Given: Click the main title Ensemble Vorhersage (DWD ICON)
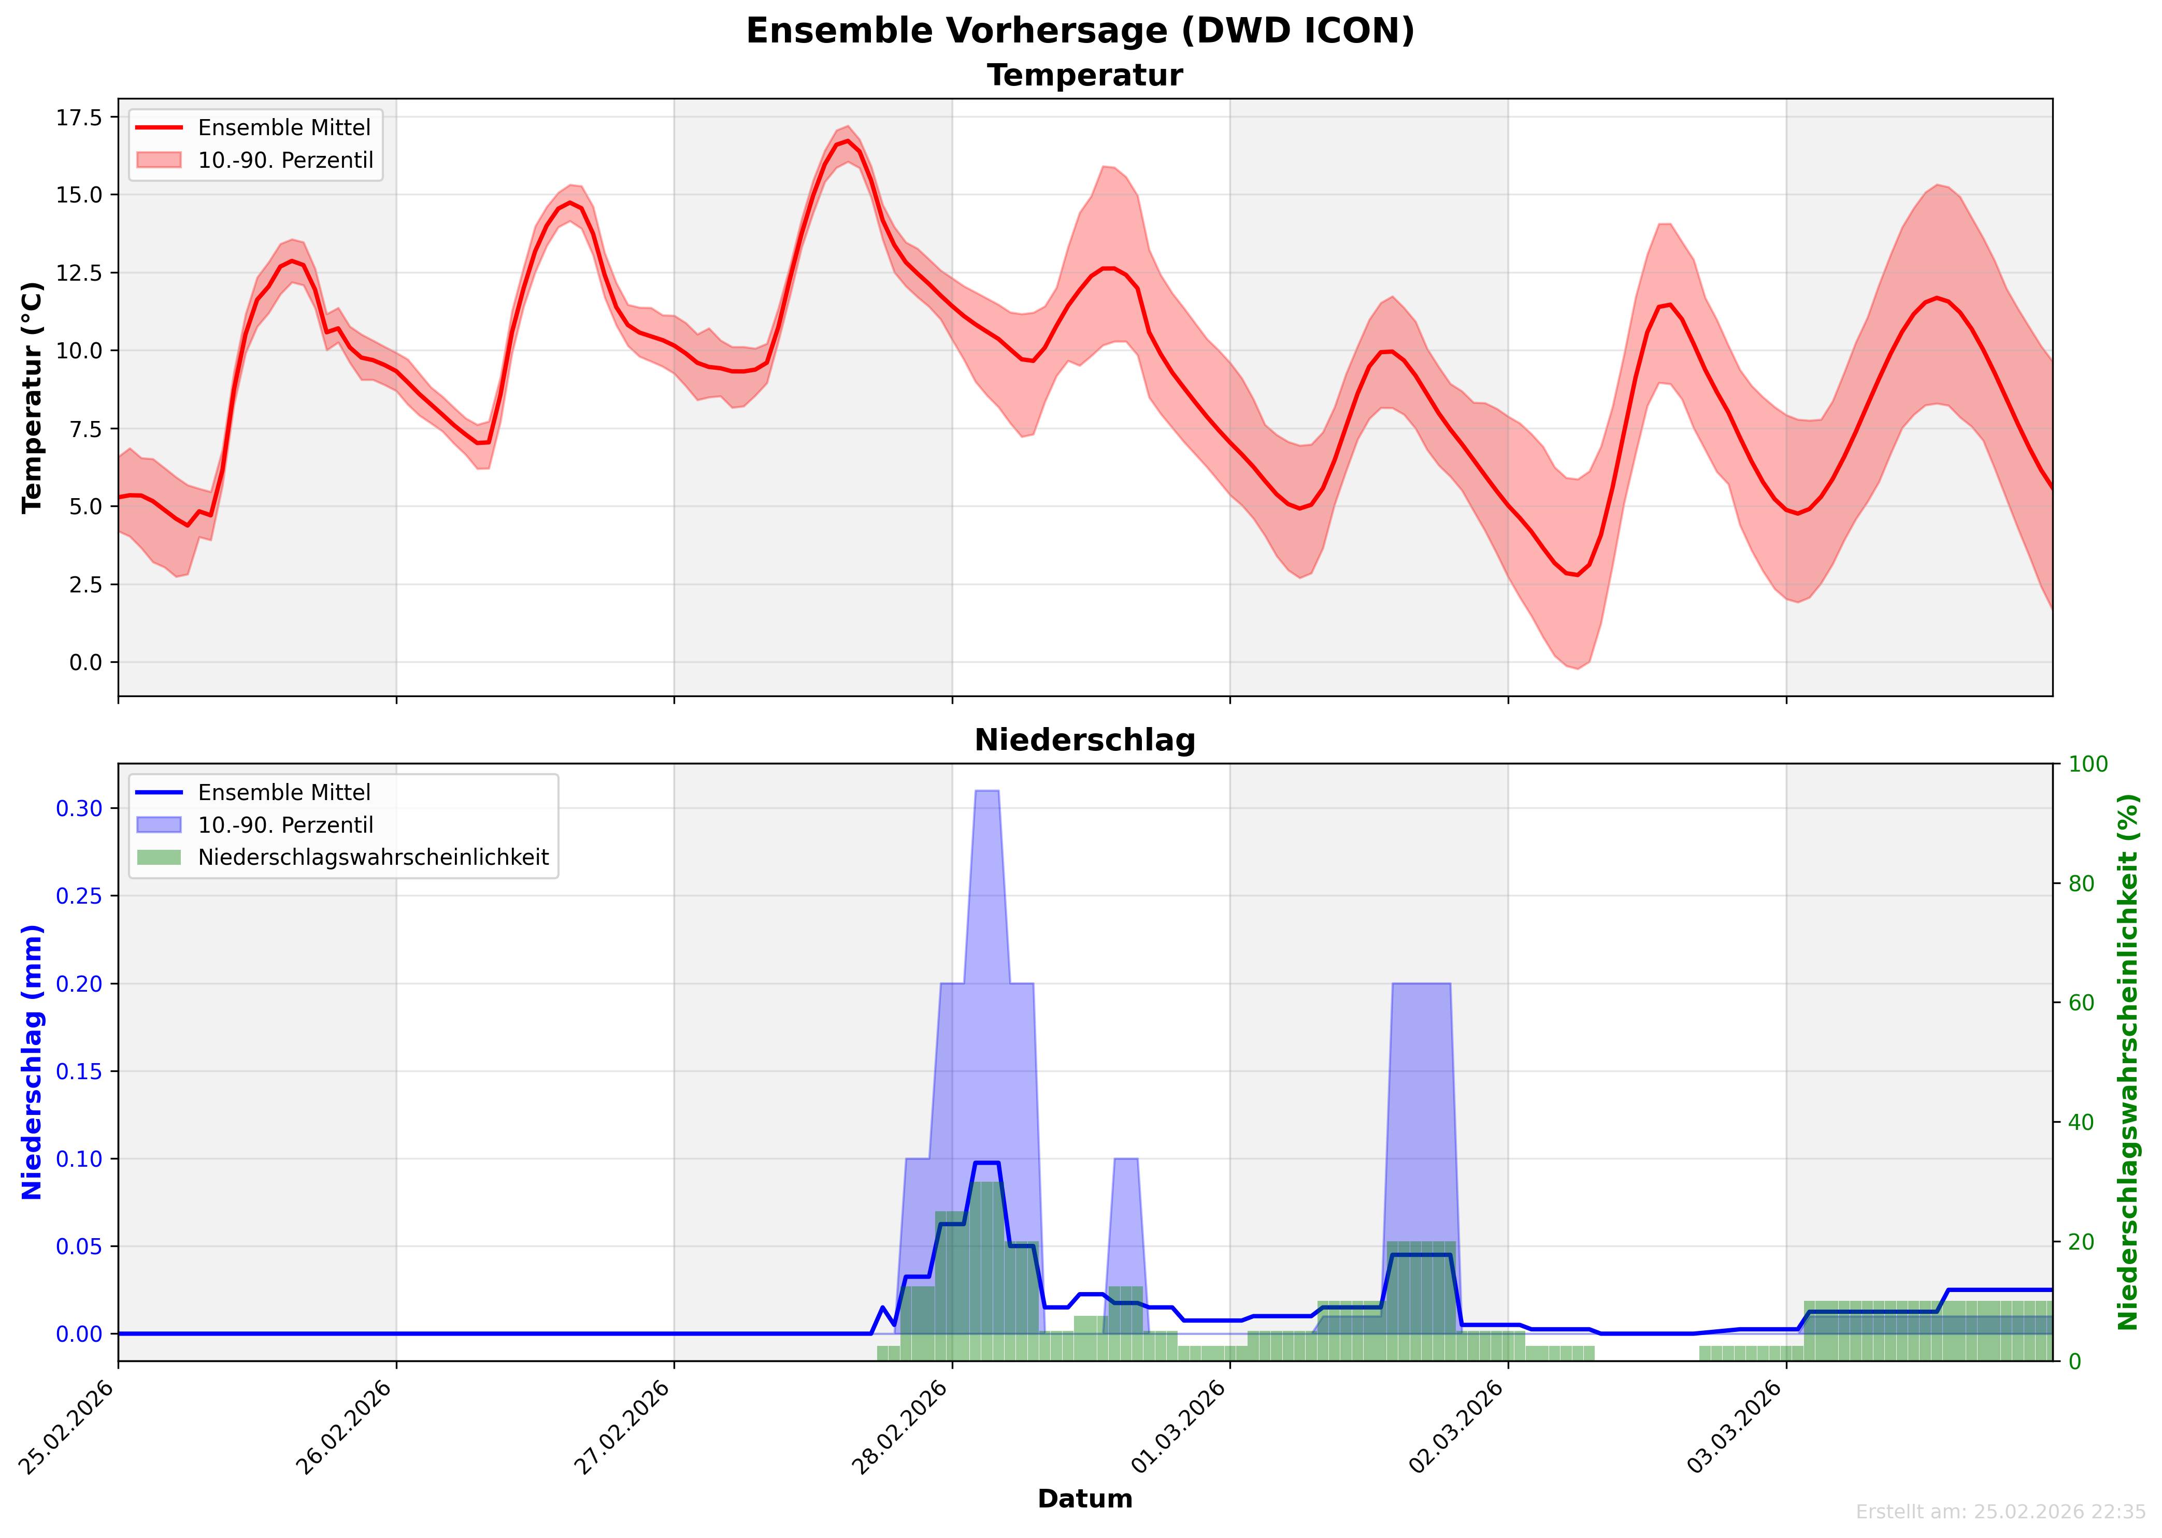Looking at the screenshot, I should (x=1080, y=31).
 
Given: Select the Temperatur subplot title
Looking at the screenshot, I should (x=1085, y=76).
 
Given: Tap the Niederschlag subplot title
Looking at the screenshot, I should (x=1085, y=741).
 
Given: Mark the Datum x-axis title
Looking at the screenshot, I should (x=1085, y=1499).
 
